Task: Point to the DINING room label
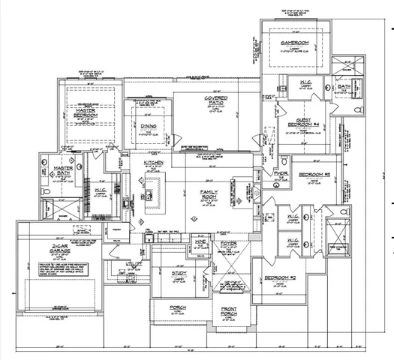click(147, 127)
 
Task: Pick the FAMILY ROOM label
click(208, 195)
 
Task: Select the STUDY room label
click(179, 273)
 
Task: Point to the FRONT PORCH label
click(229, 308)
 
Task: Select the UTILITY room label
click(134, 265)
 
